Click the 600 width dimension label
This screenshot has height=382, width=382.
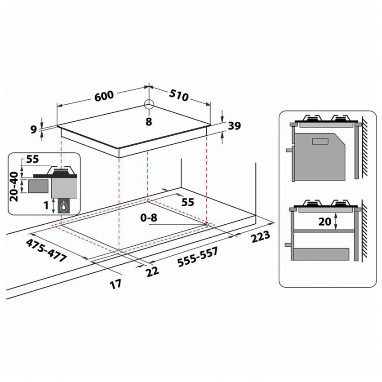tap(104, 95)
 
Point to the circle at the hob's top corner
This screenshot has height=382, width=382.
tap(149, 105)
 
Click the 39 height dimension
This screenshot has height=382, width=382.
tap(235, 126)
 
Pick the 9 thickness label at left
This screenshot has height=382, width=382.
tap(33, 129)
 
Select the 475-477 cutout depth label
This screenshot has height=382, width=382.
tap(46, 251)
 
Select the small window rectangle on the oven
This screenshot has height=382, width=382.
tap(320, 142)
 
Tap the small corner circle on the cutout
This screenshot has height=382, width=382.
tap(206, 223)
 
